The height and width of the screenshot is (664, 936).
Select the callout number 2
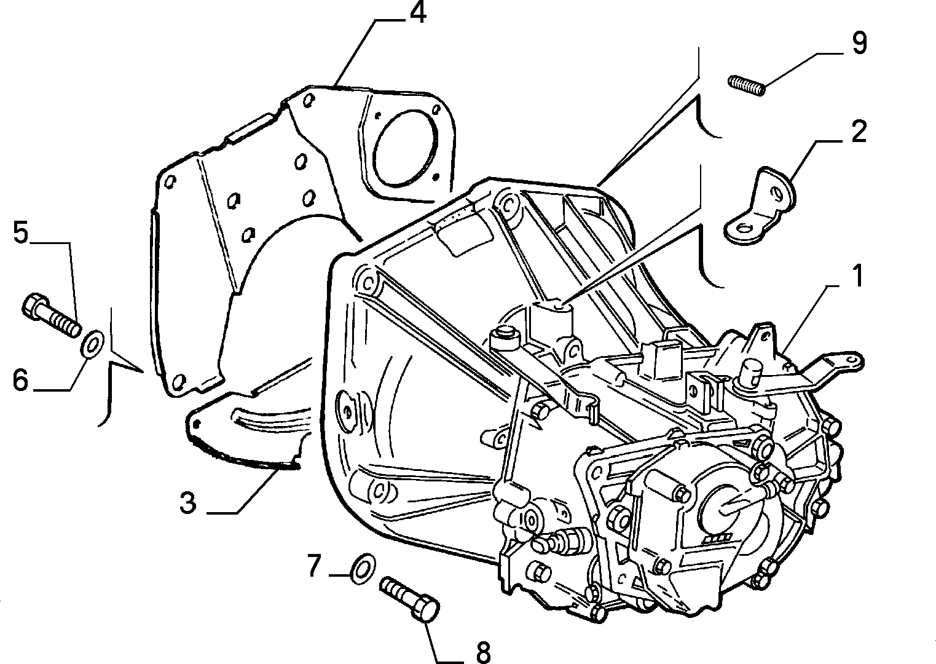click(x=859, y=132)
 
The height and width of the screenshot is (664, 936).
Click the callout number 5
click(x=21, y=232)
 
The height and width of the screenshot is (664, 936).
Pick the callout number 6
click(x=21, y=380)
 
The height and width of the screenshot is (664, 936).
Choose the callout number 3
click(x=188, y=502)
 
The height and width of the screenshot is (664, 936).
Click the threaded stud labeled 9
click(x=746, y=85)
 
